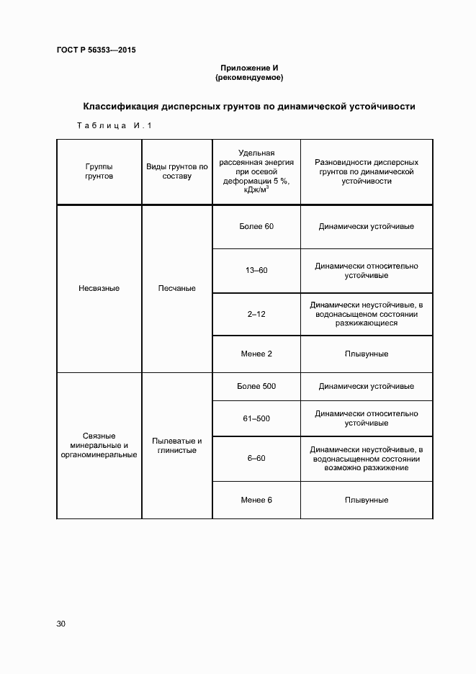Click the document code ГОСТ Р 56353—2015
pyautogui.click(x=96, y=50)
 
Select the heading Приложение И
pyautogui.click(x=249, y=68)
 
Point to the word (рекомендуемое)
pyautogui.click(x=249, y=77)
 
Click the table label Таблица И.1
pyautogui.click(x=114, y=127)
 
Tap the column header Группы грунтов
pyautogui.click(x=99, y=171)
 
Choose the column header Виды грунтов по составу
pyautogui.click(x=176, y=171)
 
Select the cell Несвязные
pyautogui.click(x=99, y=288)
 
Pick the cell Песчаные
pyautogui.click(x=176, y=288)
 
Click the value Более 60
pyautogui.click(x=256, y=226)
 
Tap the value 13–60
pyautogui.click(x=256, y=270)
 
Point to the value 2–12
pyautogui.click(x=256, y=315)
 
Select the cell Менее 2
pyautogui.click(x=256, y=354)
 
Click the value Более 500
pyautogui.click(x=256, y=386)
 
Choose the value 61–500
pyautogui.click(x=256, y=418)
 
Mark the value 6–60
pyautogui.click(x=256, y=458)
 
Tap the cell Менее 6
pyautogui.click(x=256, y=500)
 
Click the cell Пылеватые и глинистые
pyautogui.click(x=176, y=446)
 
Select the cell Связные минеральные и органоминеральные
pyautogui.click(x=99, y=446)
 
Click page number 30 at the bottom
pyautogui.click(x=60, y=624)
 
